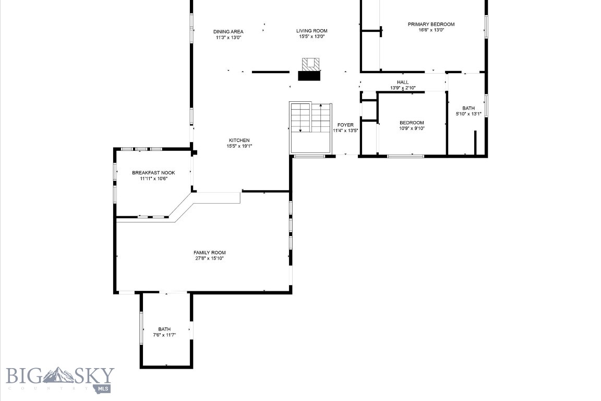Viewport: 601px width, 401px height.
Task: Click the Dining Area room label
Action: pyautogui.click(x=228, y=31)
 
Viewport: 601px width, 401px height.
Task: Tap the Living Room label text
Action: pyautogui.click(x=312, y=31)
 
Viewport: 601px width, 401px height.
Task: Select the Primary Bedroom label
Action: pyautogui.click(x=431, y=24)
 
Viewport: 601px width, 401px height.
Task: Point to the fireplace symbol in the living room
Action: pyautogui.click(x=310, y=69)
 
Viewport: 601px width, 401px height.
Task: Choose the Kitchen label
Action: pyautogui.click(x=239, y=140)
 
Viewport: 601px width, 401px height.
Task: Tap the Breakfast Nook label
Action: pyautogui.click(x=153, y=172)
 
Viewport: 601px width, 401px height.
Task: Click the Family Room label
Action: pyautogui.click(x=210, y=252)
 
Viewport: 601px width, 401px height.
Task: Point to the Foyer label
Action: pyautogui.click(x=345, y=125)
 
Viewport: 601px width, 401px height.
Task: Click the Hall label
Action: pyautogui.click(x=403, y=82)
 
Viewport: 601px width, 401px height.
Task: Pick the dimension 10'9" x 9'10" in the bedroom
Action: pyautogui.click(x=412, y=128)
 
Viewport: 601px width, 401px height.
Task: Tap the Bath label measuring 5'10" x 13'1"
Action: pyautogui.click(x=468, y=108)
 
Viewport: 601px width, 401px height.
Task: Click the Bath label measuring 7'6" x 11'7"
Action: pyautogui.click(x=164, y=329)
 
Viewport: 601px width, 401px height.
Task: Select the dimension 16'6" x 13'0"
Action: pyautogui.click(x=431, y=30)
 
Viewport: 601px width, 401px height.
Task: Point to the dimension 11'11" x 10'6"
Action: pyautogui.click(x=153, y=179)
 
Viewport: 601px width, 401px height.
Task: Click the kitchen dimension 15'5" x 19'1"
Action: pyautogui.click(x=239, y=146)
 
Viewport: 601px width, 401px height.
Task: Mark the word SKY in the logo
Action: pyautogui.click(x=93, y=375)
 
